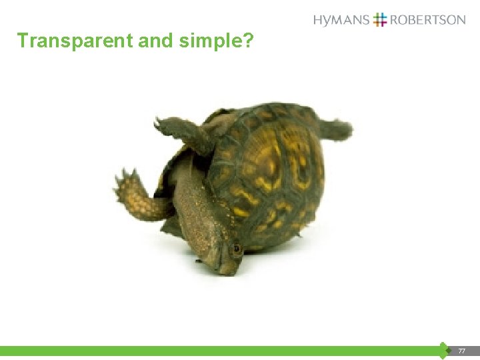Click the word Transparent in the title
[75, 41]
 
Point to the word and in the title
[156, 41]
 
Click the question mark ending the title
[248, 41]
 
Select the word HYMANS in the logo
[341, 20]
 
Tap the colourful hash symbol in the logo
[380, 19]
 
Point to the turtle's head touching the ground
[224, 257]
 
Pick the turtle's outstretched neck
[197, 213]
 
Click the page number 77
[461, 351]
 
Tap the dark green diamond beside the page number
[443, 351]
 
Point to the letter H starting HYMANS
[318, 20]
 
